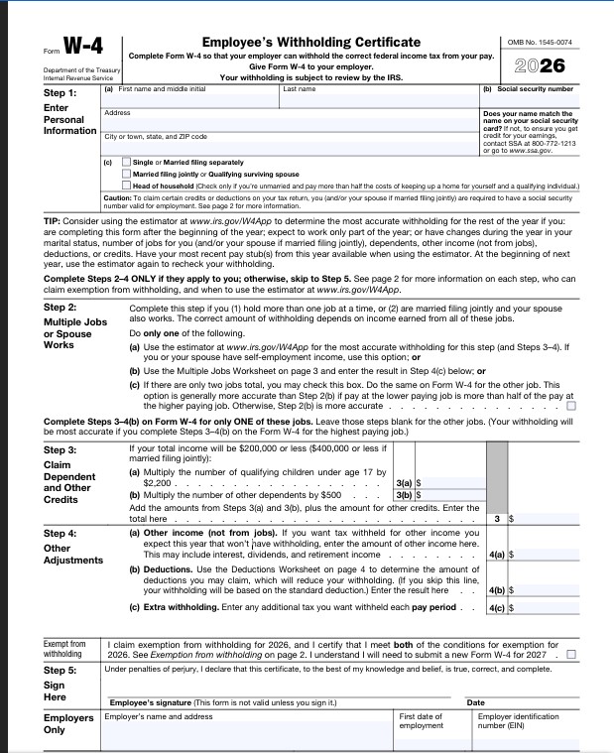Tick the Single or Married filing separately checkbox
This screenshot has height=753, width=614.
coord(126,162)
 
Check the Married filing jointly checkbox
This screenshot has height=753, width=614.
coord(126,174)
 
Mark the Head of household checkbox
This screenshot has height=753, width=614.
coord(126,186)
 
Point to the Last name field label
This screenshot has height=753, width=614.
coord(299,89)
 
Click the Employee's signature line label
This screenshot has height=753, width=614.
coord(223,702)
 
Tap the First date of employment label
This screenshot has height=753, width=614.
coord(422,720)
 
